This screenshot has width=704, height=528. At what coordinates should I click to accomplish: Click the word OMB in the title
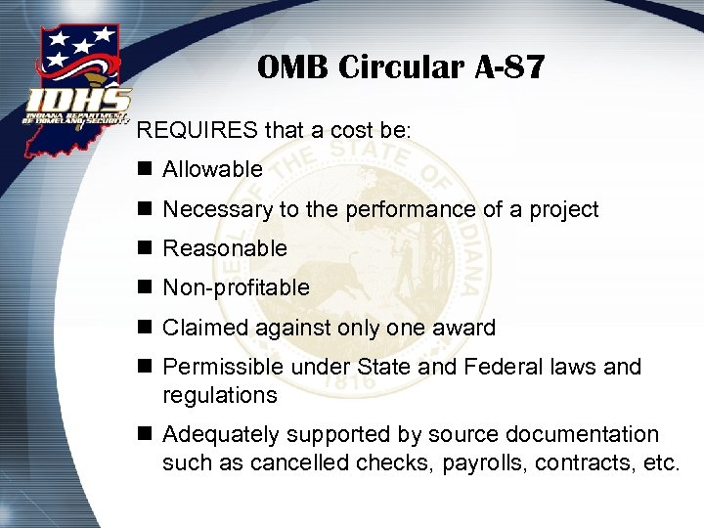[x=290, y=68]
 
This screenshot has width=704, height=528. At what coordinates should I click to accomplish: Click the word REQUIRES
[x=197, y=129]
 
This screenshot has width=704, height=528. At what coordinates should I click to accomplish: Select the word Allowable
[x=212, y=169]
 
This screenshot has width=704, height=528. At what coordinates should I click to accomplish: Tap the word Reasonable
[x=225, y=248]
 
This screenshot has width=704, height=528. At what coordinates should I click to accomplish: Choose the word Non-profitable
[x=236, y=287]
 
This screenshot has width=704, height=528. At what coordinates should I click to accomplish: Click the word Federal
[x=518, y=367]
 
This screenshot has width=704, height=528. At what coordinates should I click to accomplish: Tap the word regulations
[x=220, y=395]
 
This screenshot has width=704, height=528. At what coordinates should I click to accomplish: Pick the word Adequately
[x=218, y=434]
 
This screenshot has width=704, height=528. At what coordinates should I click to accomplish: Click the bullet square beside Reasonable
[x=146, y=248]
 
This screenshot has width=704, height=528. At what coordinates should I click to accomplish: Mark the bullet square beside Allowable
[x=146, y=169]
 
